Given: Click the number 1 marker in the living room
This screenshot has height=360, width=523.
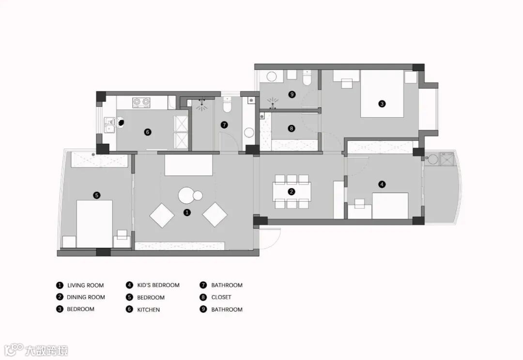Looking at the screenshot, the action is (187, 212).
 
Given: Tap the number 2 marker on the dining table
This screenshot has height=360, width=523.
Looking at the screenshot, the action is (292, 192).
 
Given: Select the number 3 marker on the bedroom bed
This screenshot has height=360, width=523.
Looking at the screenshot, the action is (382, 104).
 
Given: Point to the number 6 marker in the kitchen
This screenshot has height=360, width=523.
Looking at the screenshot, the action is (148, 132).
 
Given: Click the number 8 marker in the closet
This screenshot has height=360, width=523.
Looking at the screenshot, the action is (291, 129).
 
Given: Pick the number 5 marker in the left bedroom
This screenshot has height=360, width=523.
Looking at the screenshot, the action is (97, 195).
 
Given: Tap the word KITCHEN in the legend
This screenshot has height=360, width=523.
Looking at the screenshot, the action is (148, 309).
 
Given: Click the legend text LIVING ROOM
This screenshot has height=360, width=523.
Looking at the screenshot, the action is (85, 285).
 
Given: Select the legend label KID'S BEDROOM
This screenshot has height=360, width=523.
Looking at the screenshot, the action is (158, 285).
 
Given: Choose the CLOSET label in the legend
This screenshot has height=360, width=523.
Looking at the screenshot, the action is (221, 297).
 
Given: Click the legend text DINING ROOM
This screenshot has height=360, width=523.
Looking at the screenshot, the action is (86, 297).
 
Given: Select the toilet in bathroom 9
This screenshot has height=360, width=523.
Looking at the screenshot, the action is (307, 77).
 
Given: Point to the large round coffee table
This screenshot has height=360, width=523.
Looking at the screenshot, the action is (187, 195).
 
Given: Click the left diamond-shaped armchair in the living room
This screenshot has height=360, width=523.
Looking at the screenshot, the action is (162, 215).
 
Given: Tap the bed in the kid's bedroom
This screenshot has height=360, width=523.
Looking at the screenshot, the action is (390, 206).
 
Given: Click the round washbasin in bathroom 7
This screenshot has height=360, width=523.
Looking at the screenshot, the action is (249, 133).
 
